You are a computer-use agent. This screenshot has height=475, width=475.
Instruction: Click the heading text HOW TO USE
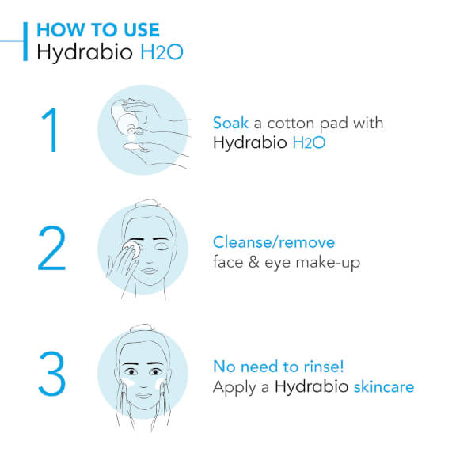98,30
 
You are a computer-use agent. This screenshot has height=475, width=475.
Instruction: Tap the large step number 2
51,250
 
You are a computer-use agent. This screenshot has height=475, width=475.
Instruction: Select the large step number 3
51,374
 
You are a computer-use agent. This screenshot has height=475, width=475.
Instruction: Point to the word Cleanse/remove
274,242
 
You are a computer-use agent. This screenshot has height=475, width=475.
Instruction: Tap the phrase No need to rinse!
277,367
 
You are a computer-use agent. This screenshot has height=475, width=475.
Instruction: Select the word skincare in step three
384,387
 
